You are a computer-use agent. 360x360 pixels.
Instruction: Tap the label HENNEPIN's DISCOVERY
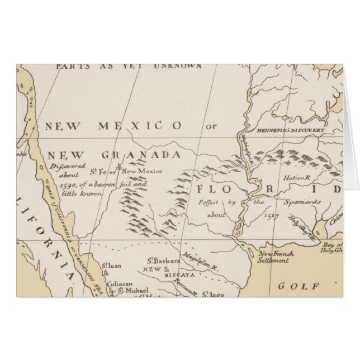point(291,130)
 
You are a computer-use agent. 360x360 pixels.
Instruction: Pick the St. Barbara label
point(163,262)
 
